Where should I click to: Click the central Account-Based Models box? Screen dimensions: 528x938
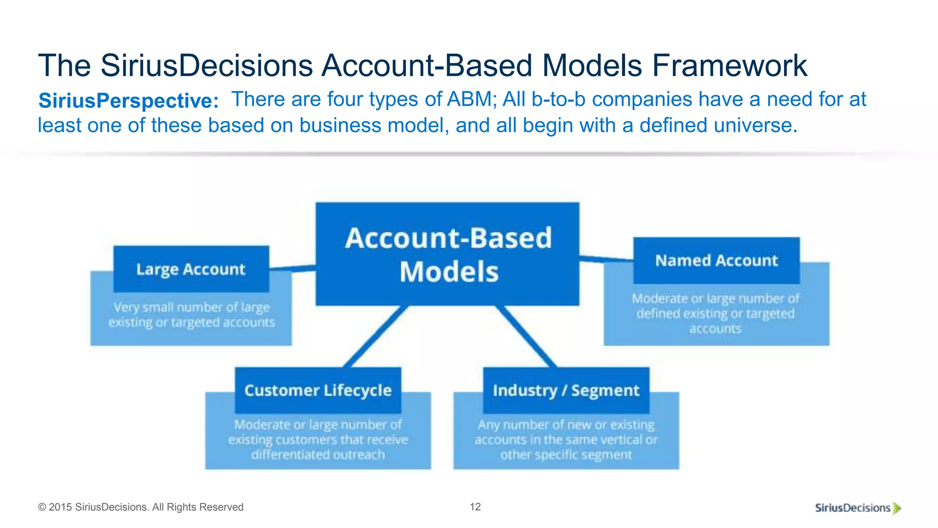[447, 254]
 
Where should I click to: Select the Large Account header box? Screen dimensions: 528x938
[191, 269]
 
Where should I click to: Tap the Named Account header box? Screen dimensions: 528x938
[716, 260]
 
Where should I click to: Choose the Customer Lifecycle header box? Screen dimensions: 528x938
[318, 390]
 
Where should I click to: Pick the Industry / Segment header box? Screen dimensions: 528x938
[566, 390]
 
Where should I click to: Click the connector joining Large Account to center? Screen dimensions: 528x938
[292, 268]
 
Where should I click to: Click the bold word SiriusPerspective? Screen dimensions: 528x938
[129, 101]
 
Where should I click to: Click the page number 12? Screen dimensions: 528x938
[475, 506]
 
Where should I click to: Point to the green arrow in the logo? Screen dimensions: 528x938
[897, 508]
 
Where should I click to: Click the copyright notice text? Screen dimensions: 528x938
[141, 507]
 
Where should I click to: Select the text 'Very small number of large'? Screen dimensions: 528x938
[191, 307]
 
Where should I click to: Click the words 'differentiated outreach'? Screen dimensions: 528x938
[318, 455]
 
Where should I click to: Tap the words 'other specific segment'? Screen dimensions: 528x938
[566, 455]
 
